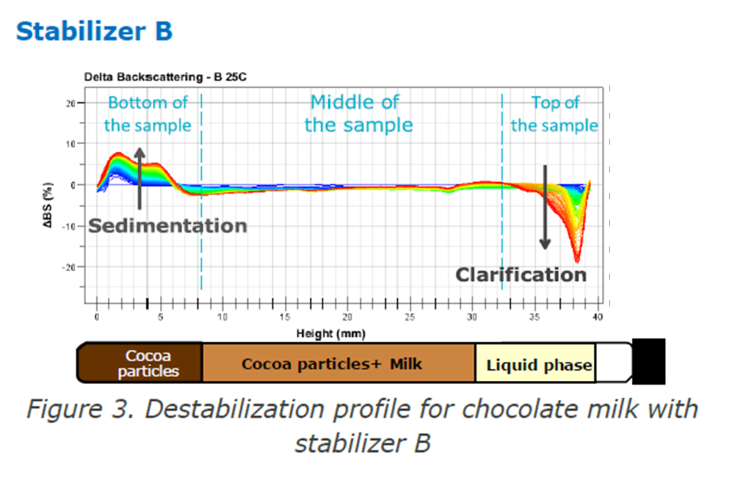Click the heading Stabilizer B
click(94, 31)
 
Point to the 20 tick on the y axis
click(70, 103)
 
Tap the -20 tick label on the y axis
click(68, 267)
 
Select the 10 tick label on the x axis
click(222, 317)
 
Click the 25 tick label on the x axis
click(410, 317)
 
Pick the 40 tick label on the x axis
click(597, 317)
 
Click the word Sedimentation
click(167, 226)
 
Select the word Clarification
click(521, 274)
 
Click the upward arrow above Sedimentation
click(140, 178)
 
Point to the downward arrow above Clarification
click(544, 207)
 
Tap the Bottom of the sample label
click(147, 114)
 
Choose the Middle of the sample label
click(358, 113)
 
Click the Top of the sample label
click(554, 114)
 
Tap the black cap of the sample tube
click(649, 361)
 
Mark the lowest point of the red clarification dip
click(577, 262)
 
